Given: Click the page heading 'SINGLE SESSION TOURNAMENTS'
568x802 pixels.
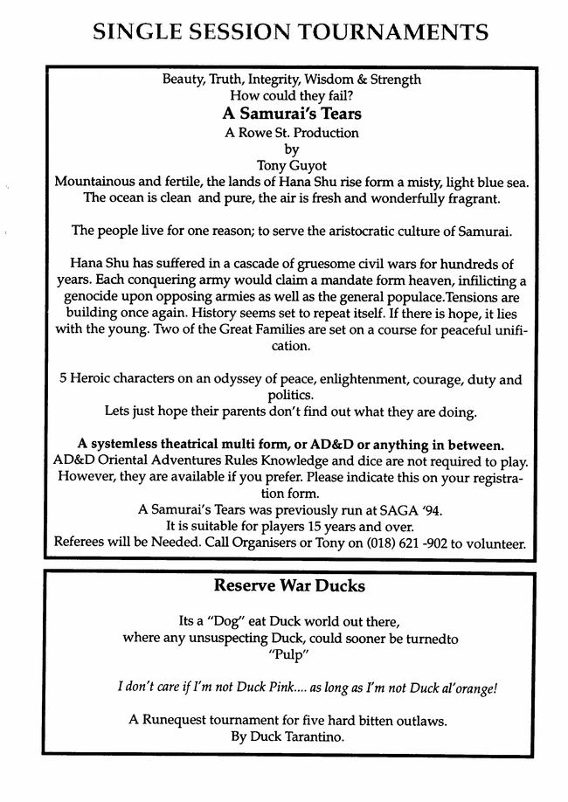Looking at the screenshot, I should pos(289,31).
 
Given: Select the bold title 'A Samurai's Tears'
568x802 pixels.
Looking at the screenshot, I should pos(292,114).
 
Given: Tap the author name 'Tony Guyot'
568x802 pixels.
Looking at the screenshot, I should pos(292,164).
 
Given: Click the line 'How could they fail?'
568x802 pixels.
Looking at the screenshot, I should pos(292,95).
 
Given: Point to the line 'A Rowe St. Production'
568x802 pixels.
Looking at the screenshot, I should pos(292,133).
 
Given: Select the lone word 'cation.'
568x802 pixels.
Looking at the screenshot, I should pos(292,347).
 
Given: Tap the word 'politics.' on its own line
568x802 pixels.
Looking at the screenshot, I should pos(292,395).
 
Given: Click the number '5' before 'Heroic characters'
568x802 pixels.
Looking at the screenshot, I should pos(64,380).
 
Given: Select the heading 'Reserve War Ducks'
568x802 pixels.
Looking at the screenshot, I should pos(289,585).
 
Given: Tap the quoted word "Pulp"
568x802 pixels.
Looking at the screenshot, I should pos(290,655).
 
